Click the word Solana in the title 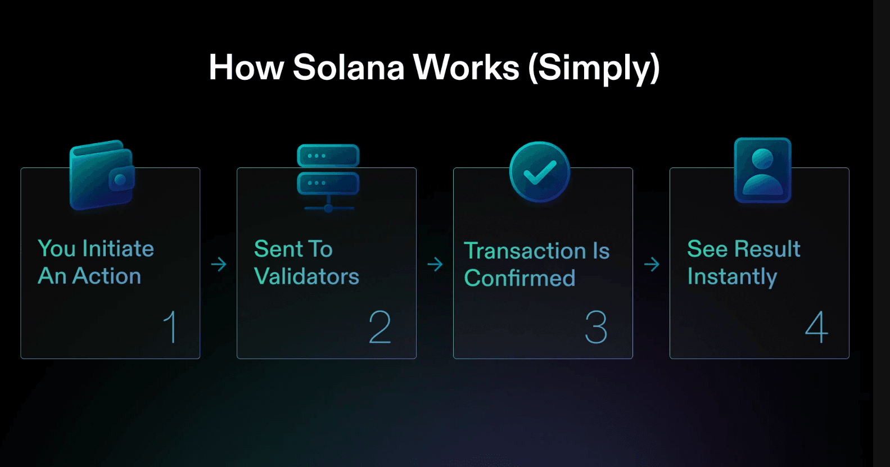[349, 67]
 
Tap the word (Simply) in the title [594, 69]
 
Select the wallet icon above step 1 [102, 175]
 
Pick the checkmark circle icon [540, 172]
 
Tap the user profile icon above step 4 [762, 170]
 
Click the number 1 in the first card [170, 327]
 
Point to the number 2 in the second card [380, 327]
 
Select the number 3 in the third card [596, 327]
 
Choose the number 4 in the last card [816, 327]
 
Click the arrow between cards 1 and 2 [219, 264]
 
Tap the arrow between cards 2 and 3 [435, 264]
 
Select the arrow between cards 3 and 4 [652, 264]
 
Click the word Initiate [118, 248]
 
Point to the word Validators [306, 276]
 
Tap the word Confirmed [519, 278]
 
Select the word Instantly [732, 277]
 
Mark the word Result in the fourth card [767, 248]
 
